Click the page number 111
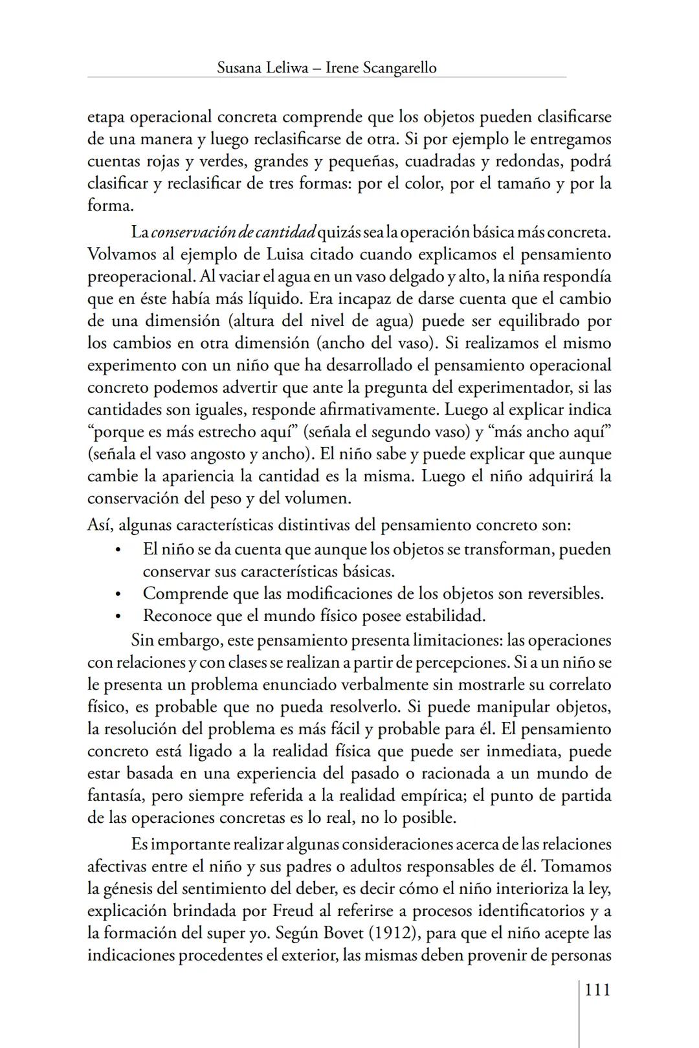pyautogui.click(x=597, y=990)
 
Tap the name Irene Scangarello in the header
pyautogui.click(x=383, y=67)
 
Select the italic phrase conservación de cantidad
pyautogui.click(x=233, y=232)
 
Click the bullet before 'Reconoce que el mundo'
pyautogui.click(x=118, y=616)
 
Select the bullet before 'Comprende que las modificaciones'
pyautogui.click(x=118, y=594)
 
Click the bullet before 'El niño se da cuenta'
pyautogui.click(x=118, y=550)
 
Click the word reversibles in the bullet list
pyautogui.click(x=565, y=593)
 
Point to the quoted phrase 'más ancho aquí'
pyautogui.click(x=555, y=431)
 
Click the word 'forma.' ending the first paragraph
pyautogui.click(x=111, y=206)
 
